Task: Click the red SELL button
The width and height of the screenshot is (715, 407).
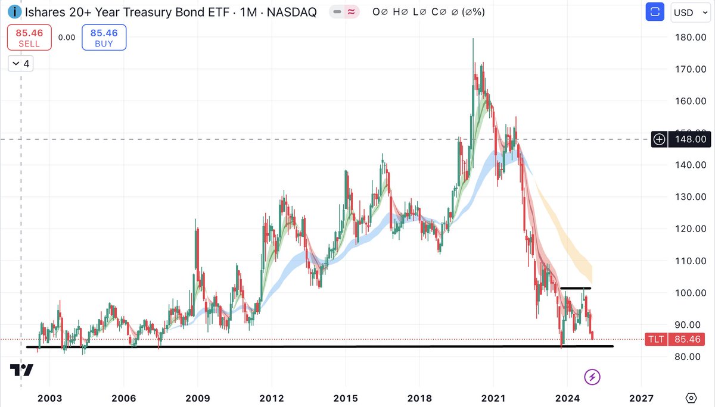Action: coord(29,37)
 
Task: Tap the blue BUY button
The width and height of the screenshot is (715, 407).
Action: coord(104,37)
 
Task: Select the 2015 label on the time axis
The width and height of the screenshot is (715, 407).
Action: coord(346,397)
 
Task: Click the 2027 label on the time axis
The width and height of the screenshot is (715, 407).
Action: coord(642,397)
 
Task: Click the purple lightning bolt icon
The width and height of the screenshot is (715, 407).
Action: coord(592,376)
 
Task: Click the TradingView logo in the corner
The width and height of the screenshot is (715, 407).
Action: coord(21,370)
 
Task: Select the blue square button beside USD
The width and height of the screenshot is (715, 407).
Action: coord(655,12)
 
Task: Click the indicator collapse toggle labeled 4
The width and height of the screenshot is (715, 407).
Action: coord(20,64)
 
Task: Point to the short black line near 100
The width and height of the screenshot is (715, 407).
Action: coord(576,289)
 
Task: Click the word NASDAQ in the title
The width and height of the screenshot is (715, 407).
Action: coord(292,12)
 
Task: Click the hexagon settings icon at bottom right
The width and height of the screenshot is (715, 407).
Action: coord(691,397)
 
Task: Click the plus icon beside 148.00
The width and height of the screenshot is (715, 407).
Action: coord(660,140)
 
